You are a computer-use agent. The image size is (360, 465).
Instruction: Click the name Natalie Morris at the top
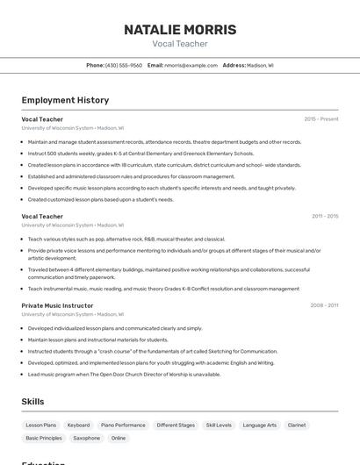click(180, 29)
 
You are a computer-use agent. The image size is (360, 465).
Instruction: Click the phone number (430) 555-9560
click(124, 65)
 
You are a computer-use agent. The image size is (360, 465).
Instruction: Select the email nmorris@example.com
click(191, 65)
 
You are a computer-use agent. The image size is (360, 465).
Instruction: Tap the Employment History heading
click(65, 100)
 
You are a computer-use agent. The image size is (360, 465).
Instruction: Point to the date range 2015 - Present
click(321, 119)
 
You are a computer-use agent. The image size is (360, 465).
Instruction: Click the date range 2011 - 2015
click(325, 216)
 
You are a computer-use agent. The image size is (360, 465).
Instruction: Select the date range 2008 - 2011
click(324, 305)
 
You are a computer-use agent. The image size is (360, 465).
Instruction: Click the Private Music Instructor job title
click(57, 305)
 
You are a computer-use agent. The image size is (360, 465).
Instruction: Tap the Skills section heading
click(33, 401)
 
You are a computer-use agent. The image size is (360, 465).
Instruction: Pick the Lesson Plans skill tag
click(40, 425)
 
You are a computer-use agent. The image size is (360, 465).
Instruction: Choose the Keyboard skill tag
click(78, 425)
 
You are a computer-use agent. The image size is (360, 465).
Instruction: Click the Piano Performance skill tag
click(123, 425)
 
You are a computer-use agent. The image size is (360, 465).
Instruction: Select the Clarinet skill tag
click(297, 425)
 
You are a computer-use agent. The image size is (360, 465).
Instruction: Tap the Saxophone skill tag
click(86, 438)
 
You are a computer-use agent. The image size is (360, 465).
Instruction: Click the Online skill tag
click(119, 438)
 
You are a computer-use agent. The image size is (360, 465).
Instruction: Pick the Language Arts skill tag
click(259, 425)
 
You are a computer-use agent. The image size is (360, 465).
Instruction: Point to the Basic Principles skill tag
click(44, 438)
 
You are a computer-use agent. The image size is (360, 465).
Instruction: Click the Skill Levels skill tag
click(219, 425)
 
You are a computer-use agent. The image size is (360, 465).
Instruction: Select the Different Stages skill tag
click(176, 425)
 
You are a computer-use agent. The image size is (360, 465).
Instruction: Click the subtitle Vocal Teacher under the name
click(180, 44)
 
